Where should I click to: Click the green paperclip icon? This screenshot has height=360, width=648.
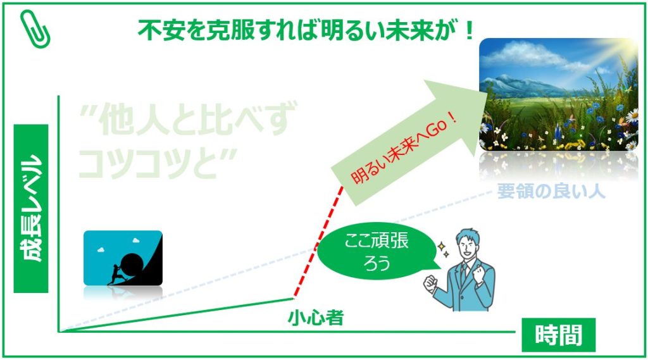coord(35,28)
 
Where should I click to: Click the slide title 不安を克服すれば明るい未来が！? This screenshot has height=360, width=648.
coord(306,30)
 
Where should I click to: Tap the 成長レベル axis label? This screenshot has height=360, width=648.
coord(31,208)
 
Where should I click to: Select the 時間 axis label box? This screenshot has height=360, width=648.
coord(558,334)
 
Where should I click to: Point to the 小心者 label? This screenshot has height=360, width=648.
coord(316,318)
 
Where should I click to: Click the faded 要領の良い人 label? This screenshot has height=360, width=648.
coord(551,191)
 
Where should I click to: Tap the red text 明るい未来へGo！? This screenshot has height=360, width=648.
coord(404,149)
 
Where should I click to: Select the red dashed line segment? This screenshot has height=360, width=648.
coord(318,242)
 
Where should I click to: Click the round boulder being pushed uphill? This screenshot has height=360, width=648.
coord(132,263)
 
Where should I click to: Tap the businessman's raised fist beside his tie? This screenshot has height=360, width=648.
coord(478,275)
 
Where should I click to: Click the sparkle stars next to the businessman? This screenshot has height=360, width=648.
coord(444,250)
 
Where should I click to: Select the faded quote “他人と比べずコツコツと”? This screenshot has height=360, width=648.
coord(187,140)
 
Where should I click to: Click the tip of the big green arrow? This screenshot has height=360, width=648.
coord(488,94)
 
